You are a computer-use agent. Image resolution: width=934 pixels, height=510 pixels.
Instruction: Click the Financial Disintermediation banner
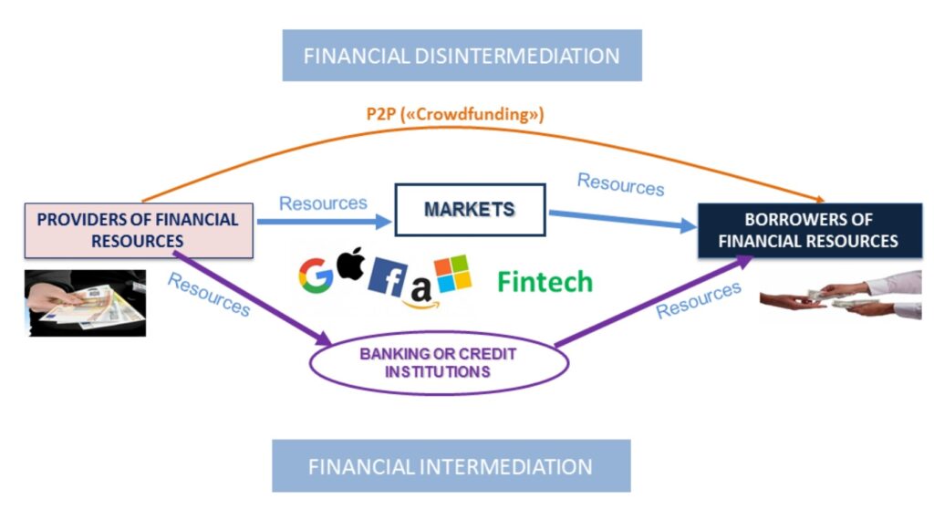tap(462, 56)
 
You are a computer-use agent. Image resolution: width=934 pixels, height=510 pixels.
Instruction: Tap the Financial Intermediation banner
tap(451, 466)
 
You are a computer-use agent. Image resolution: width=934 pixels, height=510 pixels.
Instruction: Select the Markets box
tap(470, 210)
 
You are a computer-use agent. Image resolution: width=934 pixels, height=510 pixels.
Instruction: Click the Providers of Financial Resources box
tap(138, 230)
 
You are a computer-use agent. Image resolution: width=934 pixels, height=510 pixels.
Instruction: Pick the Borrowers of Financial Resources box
tap(808, 230)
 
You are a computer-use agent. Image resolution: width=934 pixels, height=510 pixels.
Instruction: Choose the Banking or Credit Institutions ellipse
tap(439, 363)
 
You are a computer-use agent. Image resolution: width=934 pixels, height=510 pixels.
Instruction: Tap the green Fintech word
tap(545, 282)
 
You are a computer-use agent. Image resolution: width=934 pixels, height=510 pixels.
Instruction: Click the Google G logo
tap(315, 276)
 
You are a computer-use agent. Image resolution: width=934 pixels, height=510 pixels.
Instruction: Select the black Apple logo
tap(350, 265)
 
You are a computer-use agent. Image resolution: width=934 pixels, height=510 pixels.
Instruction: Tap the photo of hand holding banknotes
tap(85, 302)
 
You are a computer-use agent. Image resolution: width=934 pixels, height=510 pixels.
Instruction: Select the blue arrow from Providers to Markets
tap(324, 220)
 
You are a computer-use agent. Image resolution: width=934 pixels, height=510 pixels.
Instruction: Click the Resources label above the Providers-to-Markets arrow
tap(323, 203)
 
